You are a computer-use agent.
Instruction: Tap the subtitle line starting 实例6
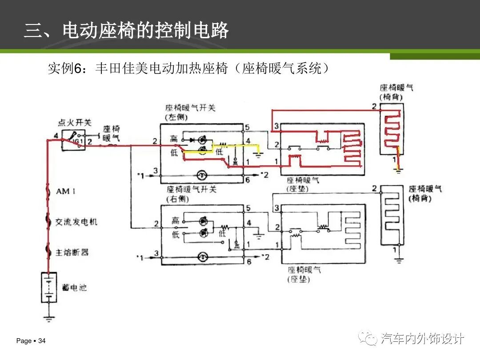point(188,69)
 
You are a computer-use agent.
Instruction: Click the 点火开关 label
point(75,123)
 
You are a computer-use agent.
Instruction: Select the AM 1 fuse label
point(66,192)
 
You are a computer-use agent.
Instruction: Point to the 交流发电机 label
point(76,222)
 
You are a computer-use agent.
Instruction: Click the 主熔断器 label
point(72,252)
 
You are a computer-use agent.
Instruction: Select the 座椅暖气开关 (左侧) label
point(190,112)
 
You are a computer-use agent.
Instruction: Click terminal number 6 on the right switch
point(248,262)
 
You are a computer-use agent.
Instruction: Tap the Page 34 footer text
point(31,341)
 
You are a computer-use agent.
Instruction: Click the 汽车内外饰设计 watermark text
point(422,339)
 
